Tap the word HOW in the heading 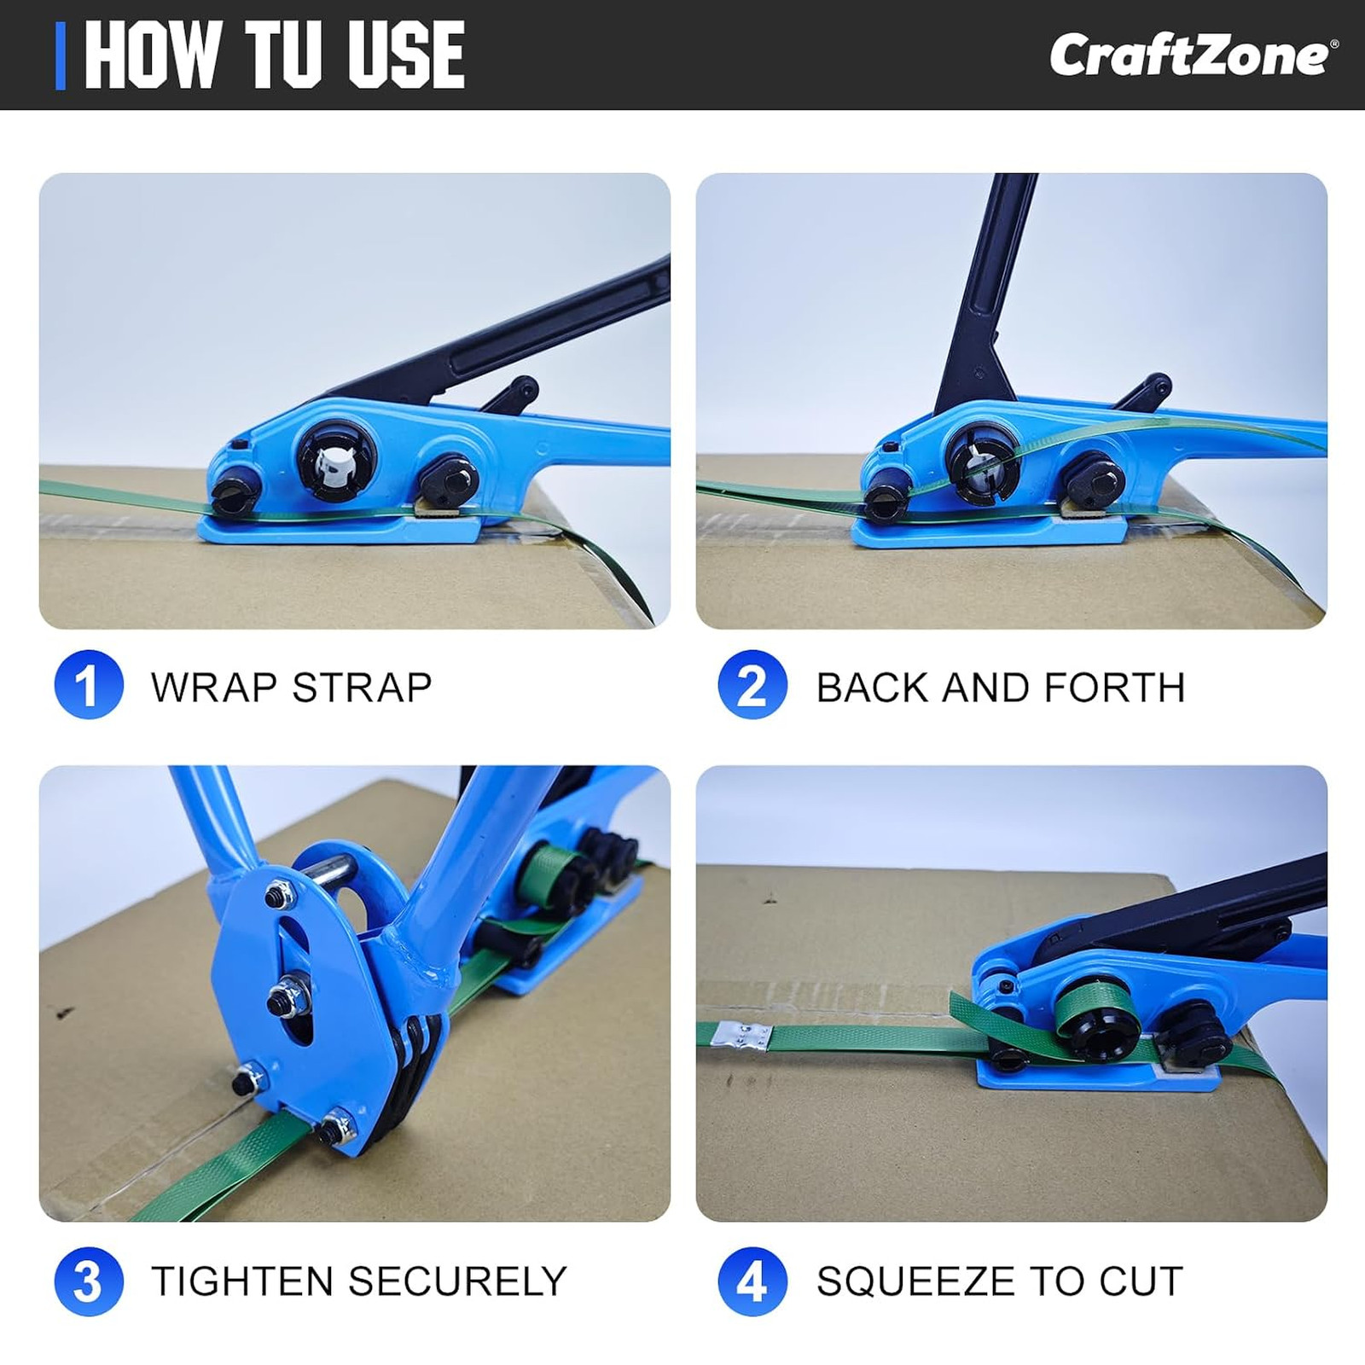click(151, 55)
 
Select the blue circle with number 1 click(89, 684)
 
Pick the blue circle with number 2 click(752, 684)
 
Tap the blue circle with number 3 click(89, 1281)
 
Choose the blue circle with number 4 click(752, 1281)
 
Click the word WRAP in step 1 click(214, 688)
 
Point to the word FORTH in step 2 click(1114, 688)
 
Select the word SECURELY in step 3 click(457, 1281)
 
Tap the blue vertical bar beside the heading click(60, 55)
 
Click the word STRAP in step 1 click(363, 688)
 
